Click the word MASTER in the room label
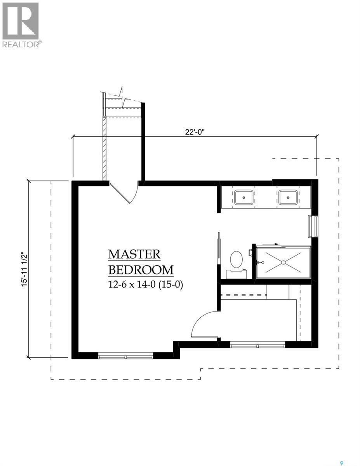tap(134, 254)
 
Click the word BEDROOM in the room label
tap(141, 270)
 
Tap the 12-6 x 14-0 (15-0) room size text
tap(145, 285)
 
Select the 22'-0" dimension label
tap(195, 132)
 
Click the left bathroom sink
tap(244, 197)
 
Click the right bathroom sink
tap(288, 197)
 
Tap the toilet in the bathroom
tap(236, 259)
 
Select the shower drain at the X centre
tap(283, 263)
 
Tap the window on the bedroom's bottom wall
tap(125, 355)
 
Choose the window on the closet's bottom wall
tap(257, 344)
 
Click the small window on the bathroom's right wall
tap(313, 227)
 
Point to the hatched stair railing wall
tap(104, 148)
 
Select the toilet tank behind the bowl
tap(236, 274)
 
